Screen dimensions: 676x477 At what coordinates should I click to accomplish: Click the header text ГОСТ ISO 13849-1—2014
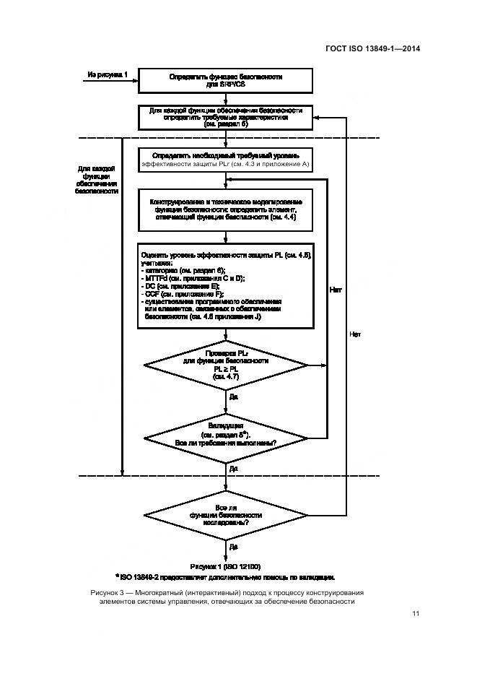pos(374,49)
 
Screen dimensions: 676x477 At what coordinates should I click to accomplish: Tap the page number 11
pos(416,614)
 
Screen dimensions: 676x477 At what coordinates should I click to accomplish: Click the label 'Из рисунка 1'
pos(107,74)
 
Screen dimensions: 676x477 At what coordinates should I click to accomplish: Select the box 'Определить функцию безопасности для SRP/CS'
pos(225,80)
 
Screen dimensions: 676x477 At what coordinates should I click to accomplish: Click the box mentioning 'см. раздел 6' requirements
pos(225,117)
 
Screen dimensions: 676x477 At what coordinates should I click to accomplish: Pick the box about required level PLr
pos(225,160)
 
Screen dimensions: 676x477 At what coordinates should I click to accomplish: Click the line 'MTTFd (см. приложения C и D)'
pos(194,278)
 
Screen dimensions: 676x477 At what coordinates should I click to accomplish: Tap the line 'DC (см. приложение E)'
pos(185,286)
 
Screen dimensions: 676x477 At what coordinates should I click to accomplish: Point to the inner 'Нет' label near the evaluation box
pos(335,290)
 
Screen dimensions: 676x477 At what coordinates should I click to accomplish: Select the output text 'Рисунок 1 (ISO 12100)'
pos(225,566)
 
